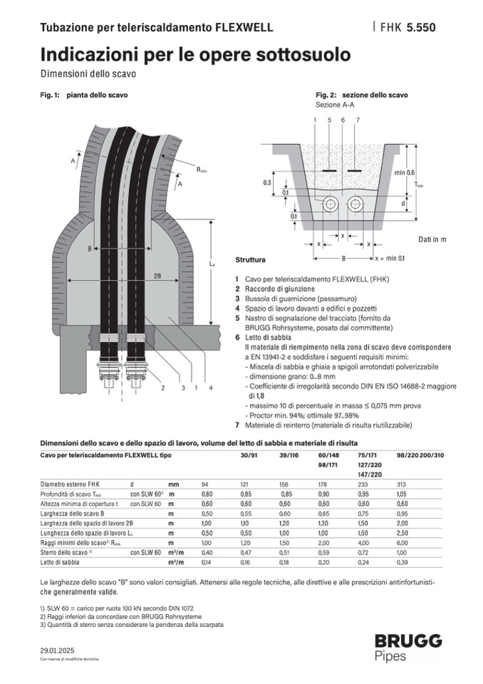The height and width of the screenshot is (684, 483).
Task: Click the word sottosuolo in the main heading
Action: [306, 54]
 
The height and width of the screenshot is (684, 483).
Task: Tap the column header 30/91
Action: [249, 455]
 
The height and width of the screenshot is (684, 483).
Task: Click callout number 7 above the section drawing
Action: [357, 120]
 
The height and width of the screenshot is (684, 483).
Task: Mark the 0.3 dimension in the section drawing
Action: [266, 183]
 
